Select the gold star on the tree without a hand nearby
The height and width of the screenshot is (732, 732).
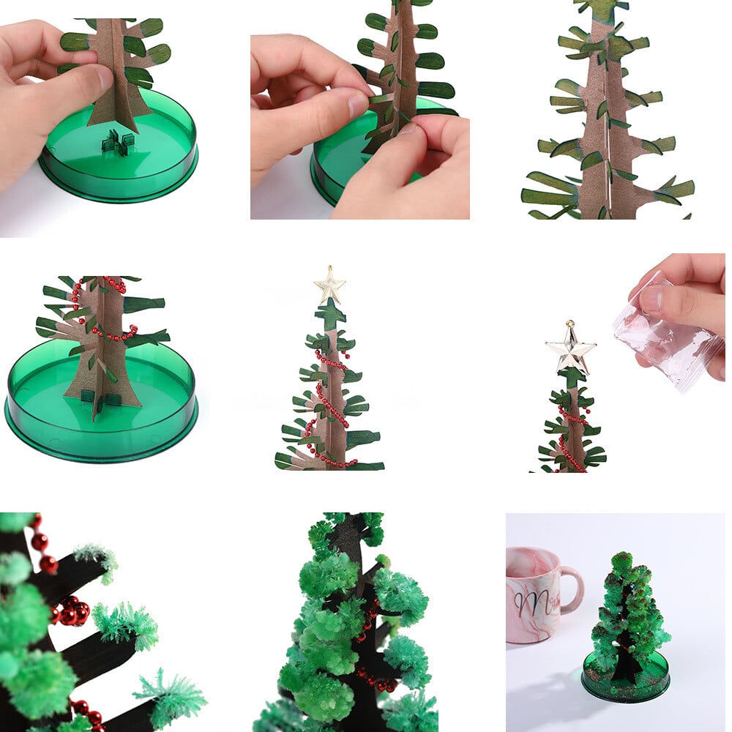(x=329, y=285)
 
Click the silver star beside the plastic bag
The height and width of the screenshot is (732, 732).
(x=570, y=348)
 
